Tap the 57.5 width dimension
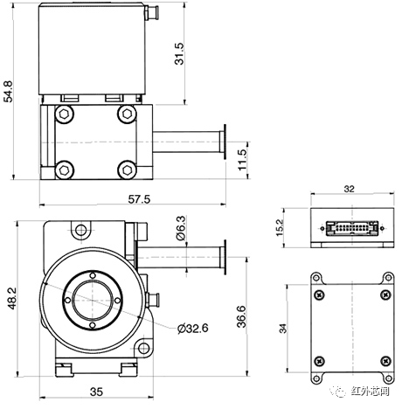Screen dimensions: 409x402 pyautogui.click(x=139, y=199)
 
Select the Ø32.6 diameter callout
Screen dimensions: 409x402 pyautogui.click(x=191, y=328)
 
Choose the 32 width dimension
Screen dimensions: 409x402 pyautogui.click(x=349, y=189)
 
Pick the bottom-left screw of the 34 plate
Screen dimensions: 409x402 pyautogui.click(x=317, y=360)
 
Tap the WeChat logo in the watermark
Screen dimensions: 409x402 pyautogui.click(x=340, y=392)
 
